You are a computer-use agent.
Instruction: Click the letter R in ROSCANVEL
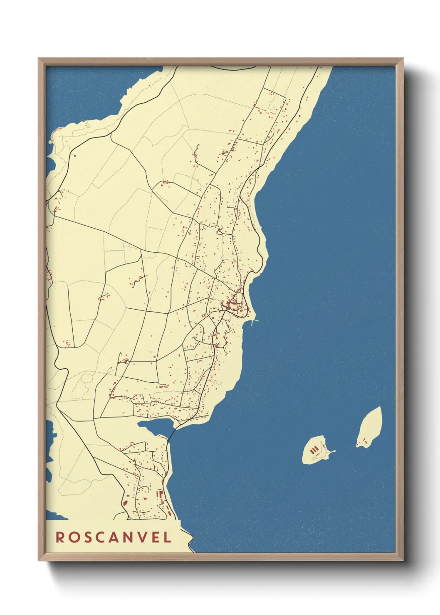(60, 537)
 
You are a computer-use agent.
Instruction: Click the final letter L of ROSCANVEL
(167, 537)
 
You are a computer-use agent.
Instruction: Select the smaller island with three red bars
(316, 450)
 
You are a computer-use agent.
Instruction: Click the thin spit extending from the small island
(331, 452)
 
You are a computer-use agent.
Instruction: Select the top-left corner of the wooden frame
(40, 59)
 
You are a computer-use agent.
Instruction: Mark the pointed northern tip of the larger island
(379, 408)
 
